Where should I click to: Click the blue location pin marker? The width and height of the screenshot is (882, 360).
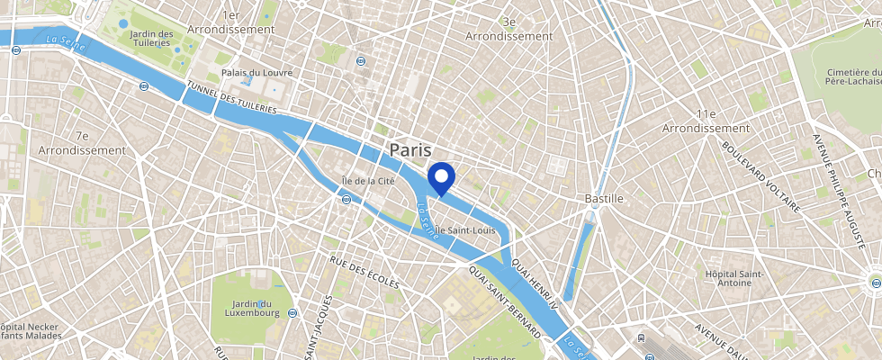click(441, 177)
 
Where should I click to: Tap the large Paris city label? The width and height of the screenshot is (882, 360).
click(410, 149)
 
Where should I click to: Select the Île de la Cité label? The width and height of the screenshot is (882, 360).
click(368, 181)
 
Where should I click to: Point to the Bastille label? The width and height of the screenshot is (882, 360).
click(592, 197)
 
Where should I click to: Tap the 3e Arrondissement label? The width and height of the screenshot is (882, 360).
click(509, 29)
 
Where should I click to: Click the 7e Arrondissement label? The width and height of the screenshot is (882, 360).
click(82, 142)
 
